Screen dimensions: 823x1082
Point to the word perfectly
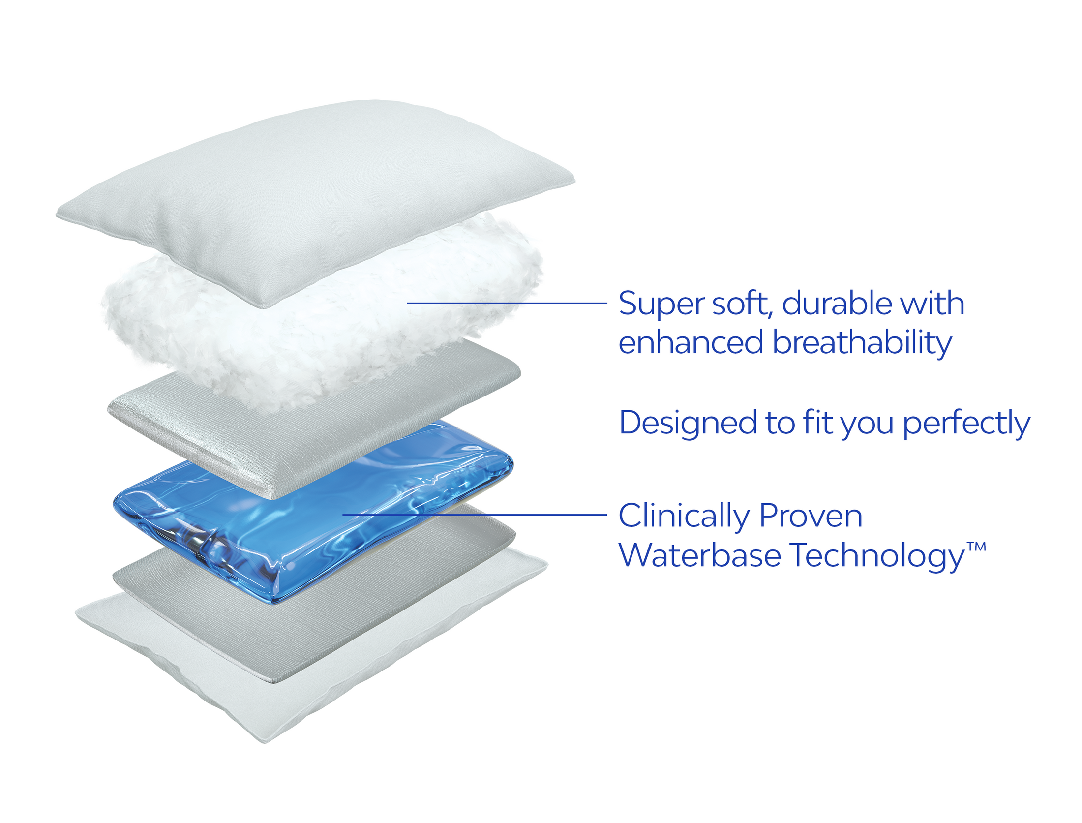coord(966,424)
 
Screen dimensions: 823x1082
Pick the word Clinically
coord(684,517)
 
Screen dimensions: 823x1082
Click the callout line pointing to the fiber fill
coord(507,303)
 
